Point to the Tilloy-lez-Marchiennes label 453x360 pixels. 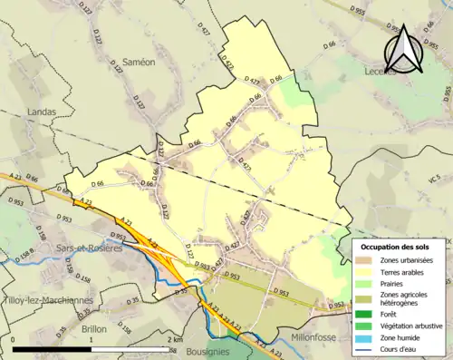point(45,301)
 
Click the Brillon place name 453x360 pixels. point(95,329)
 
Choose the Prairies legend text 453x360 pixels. point(396,283)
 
